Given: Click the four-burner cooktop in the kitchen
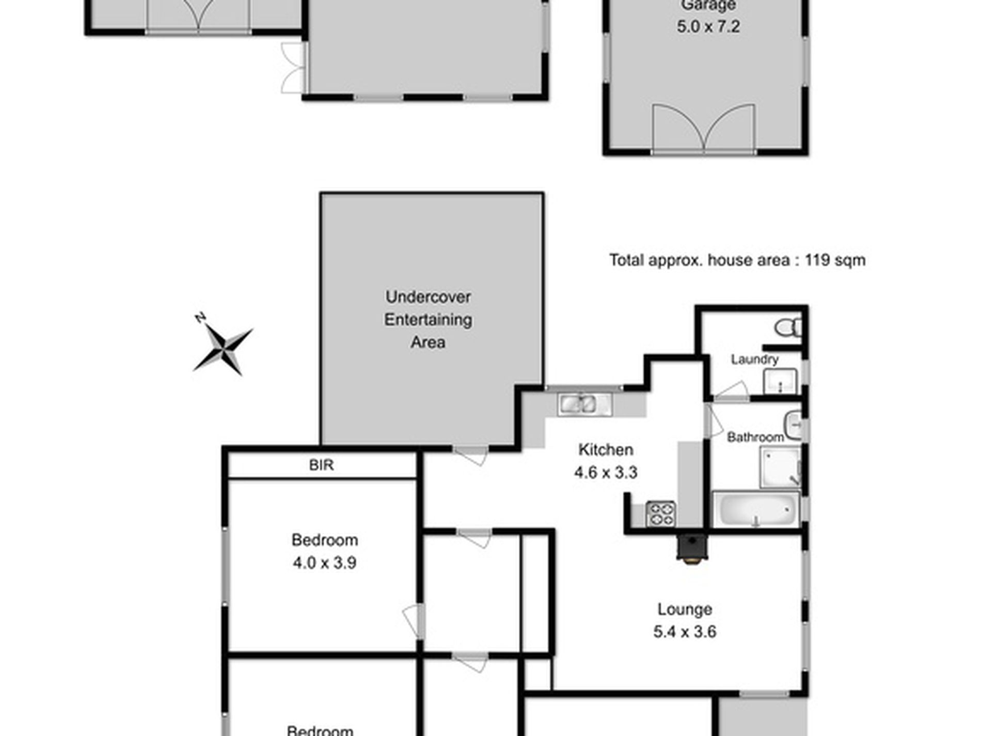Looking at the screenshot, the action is tap(660, 514).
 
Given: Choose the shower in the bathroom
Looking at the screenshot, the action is tap(780, 468).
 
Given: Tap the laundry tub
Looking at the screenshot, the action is tap(780, 382).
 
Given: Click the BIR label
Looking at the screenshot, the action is tap(321, 465).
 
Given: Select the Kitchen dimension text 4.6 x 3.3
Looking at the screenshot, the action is tap(606, 472).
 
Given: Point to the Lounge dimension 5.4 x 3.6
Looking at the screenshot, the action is tap(685, 632).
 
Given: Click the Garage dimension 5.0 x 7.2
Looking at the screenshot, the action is tap(708, 26).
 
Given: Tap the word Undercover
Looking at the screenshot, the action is tap(428, 297).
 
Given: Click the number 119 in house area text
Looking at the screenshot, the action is tap(816, 260).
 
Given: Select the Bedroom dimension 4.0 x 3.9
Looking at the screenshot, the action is tap(324, 562).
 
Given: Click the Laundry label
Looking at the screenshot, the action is tap(754, 359).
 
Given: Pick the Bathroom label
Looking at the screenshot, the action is tap(755, 437).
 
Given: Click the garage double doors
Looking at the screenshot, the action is tap(704, 129).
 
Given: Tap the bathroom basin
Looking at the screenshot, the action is tap(793, 425).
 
